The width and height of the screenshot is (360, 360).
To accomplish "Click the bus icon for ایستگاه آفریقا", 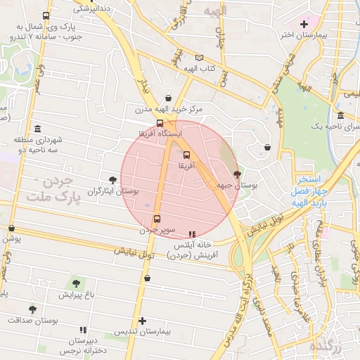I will (x=160, y=122).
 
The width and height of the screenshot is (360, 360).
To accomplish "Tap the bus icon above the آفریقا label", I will (x=186, y=155).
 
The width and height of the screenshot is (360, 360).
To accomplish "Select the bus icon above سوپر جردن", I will (x=156, y=218).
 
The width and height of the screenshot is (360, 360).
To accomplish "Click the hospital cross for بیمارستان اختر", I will (x=304, y=24).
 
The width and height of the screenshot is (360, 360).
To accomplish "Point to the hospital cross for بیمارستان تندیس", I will (x=142, y=321).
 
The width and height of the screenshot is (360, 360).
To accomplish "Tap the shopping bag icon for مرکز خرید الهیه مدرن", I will (x=167, y=98).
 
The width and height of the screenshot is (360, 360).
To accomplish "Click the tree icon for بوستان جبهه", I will (x=237, y=174).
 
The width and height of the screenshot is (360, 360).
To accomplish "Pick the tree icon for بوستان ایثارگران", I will (x=112, y=180).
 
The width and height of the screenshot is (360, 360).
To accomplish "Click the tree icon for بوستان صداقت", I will (x=32, y=309).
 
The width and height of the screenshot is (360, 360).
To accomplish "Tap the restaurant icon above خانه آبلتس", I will (x=192, y=233).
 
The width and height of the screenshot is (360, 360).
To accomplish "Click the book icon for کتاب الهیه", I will (x=199, y=58).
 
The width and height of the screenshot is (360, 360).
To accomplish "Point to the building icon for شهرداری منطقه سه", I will (x=37, y=129).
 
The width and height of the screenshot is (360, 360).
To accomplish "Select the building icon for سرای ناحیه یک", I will (x=340, y=115).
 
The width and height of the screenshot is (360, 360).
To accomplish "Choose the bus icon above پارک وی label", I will (x=46, y=16).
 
